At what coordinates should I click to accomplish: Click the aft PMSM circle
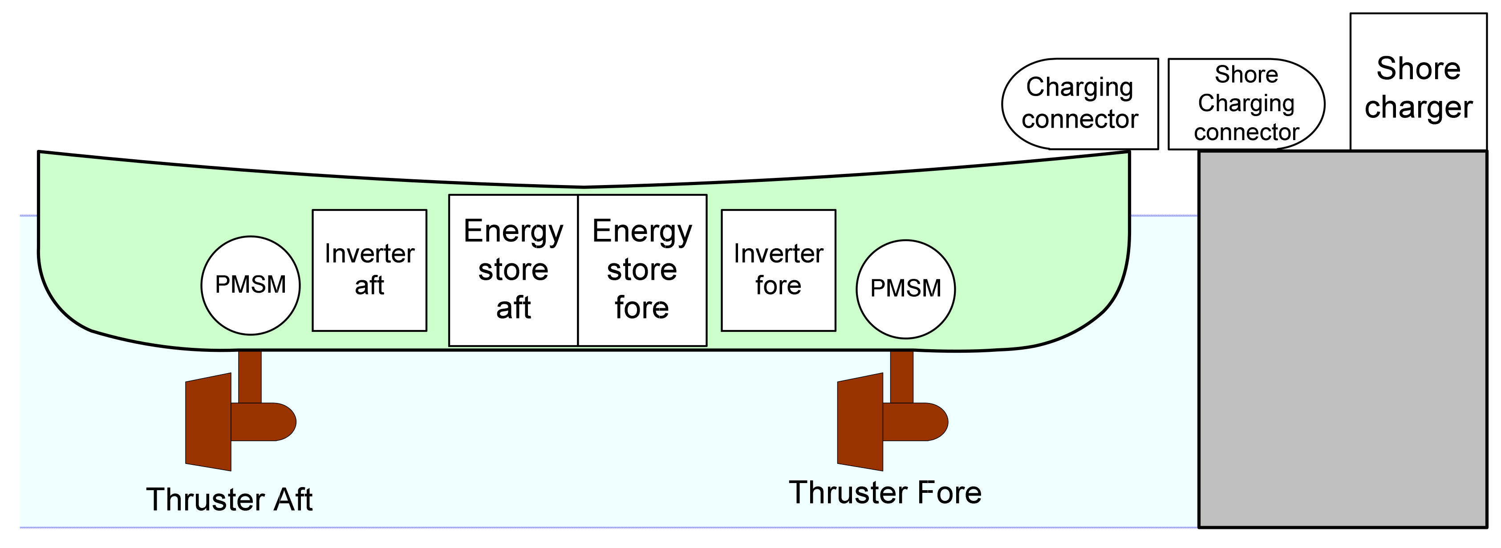[x=251, y=286]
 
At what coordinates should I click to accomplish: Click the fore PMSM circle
[x=905, y=289]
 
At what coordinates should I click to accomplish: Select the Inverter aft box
[x=369, y=270]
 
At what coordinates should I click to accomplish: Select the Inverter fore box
[x=779, y=270]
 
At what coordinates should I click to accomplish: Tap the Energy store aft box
[x=513, y=270]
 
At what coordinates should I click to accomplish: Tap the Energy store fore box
[x=642, y=270]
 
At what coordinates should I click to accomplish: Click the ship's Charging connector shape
[x=1080, y=104]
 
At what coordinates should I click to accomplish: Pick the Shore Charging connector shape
[x=1246, y=104]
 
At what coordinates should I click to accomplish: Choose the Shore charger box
[x=1418, y=81]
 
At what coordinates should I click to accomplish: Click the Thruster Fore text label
[x=885, y=493]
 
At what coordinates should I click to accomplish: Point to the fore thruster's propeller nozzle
[x=860, y=422]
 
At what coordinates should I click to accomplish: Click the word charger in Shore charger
[x=1418, y=108]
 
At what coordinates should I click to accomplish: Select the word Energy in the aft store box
[x=513, y=232]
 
